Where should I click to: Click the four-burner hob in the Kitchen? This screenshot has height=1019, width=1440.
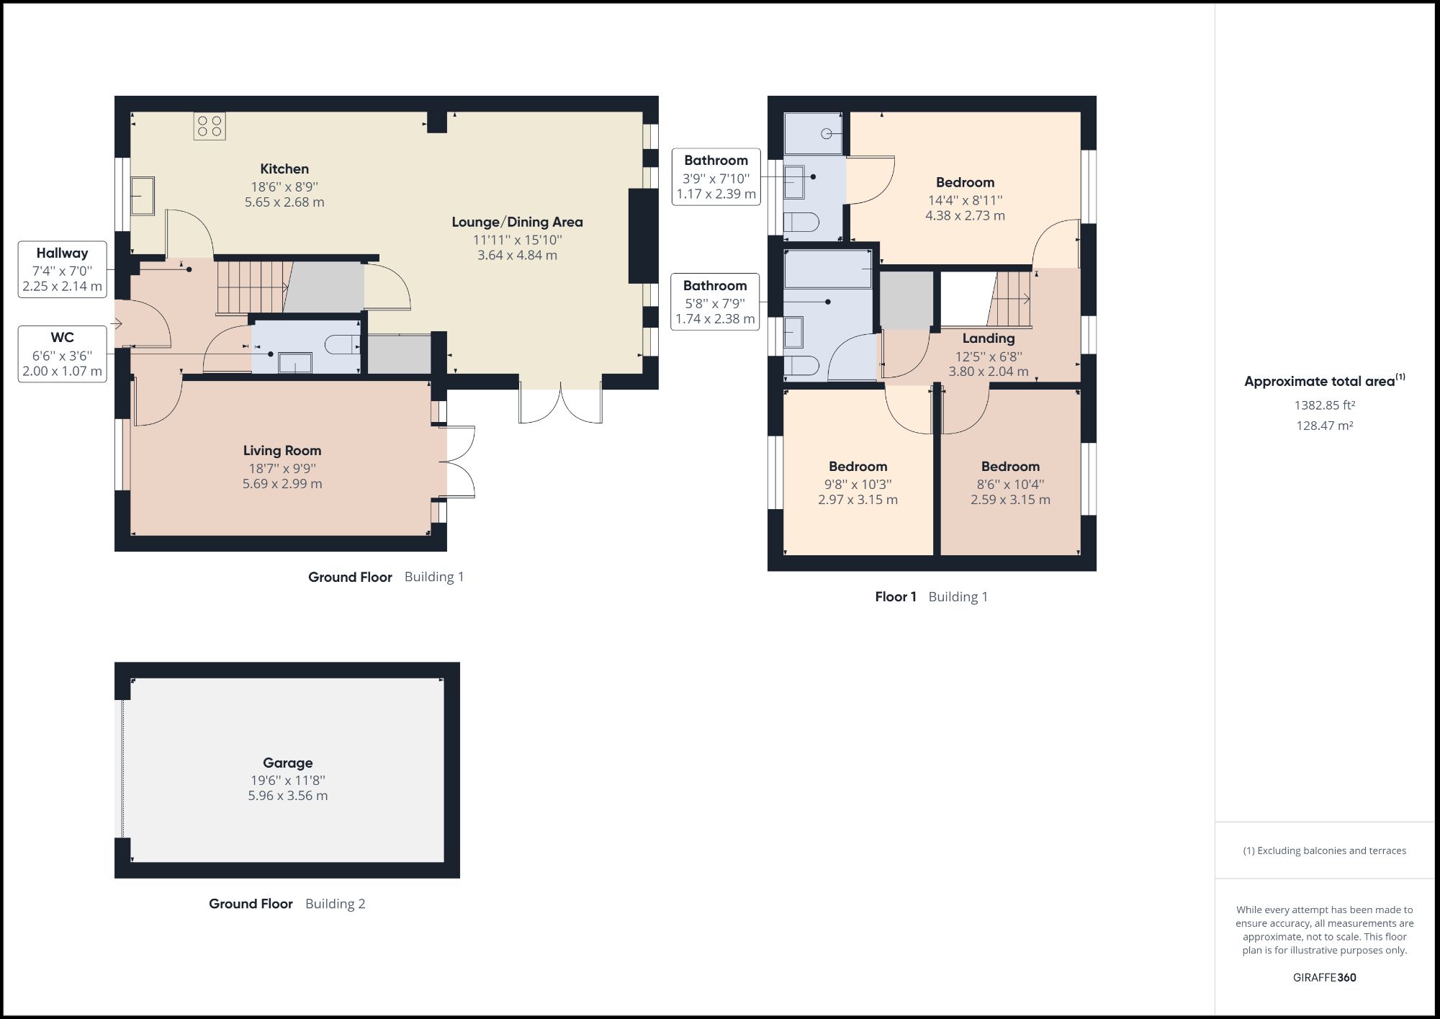[210, 126]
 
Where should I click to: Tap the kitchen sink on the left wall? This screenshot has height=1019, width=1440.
[143, 196]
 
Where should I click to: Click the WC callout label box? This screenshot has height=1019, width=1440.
[63, 354]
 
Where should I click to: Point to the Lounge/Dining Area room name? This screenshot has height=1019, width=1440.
[517, 222]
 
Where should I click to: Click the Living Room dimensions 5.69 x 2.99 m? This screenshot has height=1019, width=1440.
[282, 484]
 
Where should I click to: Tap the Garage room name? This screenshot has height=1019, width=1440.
[287, 763]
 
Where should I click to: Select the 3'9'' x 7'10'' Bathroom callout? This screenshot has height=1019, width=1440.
[716, 177]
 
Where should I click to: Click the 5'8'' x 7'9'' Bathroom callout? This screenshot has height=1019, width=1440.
[715, 302]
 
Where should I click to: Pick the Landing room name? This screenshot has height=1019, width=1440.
[989, 338]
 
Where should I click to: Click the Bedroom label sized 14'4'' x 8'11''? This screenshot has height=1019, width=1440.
[965, 183]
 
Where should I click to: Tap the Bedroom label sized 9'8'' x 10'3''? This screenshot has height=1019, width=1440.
[858, 467]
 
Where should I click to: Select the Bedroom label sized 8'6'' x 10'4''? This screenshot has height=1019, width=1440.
[1010, 467]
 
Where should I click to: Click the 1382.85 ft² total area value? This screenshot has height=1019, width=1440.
[1324, 405]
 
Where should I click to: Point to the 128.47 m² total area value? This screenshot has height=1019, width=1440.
[1324, 426]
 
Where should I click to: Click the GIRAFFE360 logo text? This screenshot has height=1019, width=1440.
[1324, 977]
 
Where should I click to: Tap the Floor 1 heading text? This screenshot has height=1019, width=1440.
[896, 596]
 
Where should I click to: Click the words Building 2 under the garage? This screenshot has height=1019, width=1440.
[335, 904]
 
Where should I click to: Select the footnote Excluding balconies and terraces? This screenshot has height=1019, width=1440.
[1324, 850]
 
